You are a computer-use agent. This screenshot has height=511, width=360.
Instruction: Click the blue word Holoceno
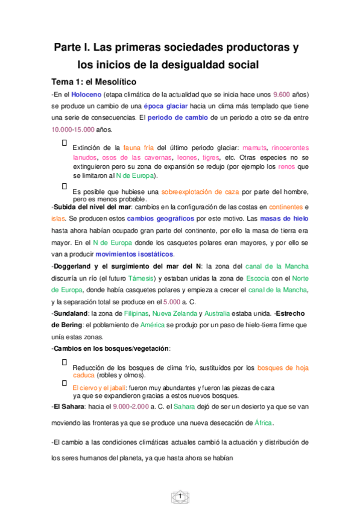tap(86, 95)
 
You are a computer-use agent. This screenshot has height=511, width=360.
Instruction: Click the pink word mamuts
tap(253, 148)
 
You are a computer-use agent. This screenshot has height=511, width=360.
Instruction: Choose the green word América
tap(156, 325)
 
